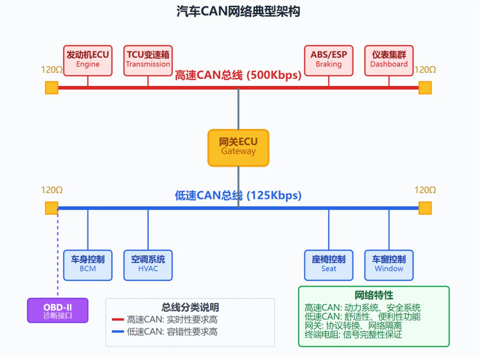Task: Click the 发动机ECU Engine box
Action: [x=88, y=60]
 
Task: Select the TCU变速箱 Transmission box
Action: [x=148, y=60]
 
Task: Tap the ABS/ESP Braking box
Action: [x=328, y=60]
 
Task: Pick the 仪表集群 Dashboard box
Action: [x=389, y=60]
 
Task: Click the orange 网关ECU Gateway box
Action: [x=238, y=148]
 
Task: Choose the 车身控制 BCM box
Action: [x=88, y=265]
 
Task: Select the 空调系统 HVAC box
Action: [x=148, y=265]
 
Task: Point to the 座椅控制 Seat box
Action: [x=328, y=265]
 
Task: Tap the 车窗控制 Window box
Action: [x=389, y=265]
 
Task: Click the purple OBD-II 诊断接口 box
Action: [x=58, y=310]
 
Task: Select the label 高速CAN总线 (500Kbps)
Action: [x=238, y=75]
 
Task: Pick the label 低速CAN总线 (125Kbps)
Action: [x=238, y=196]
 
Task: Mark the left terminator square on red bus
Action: [x=52, y=88]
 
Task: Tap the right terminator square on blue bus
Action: [x=425, y=208]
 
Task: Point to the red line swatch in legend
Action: [x=117, y=320]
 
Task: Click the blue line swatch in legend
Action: [x=117, y=332]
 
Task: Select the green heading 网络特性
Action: [x=374, y=296]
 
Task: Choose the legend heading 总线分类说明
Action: [x=190, y=308]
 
